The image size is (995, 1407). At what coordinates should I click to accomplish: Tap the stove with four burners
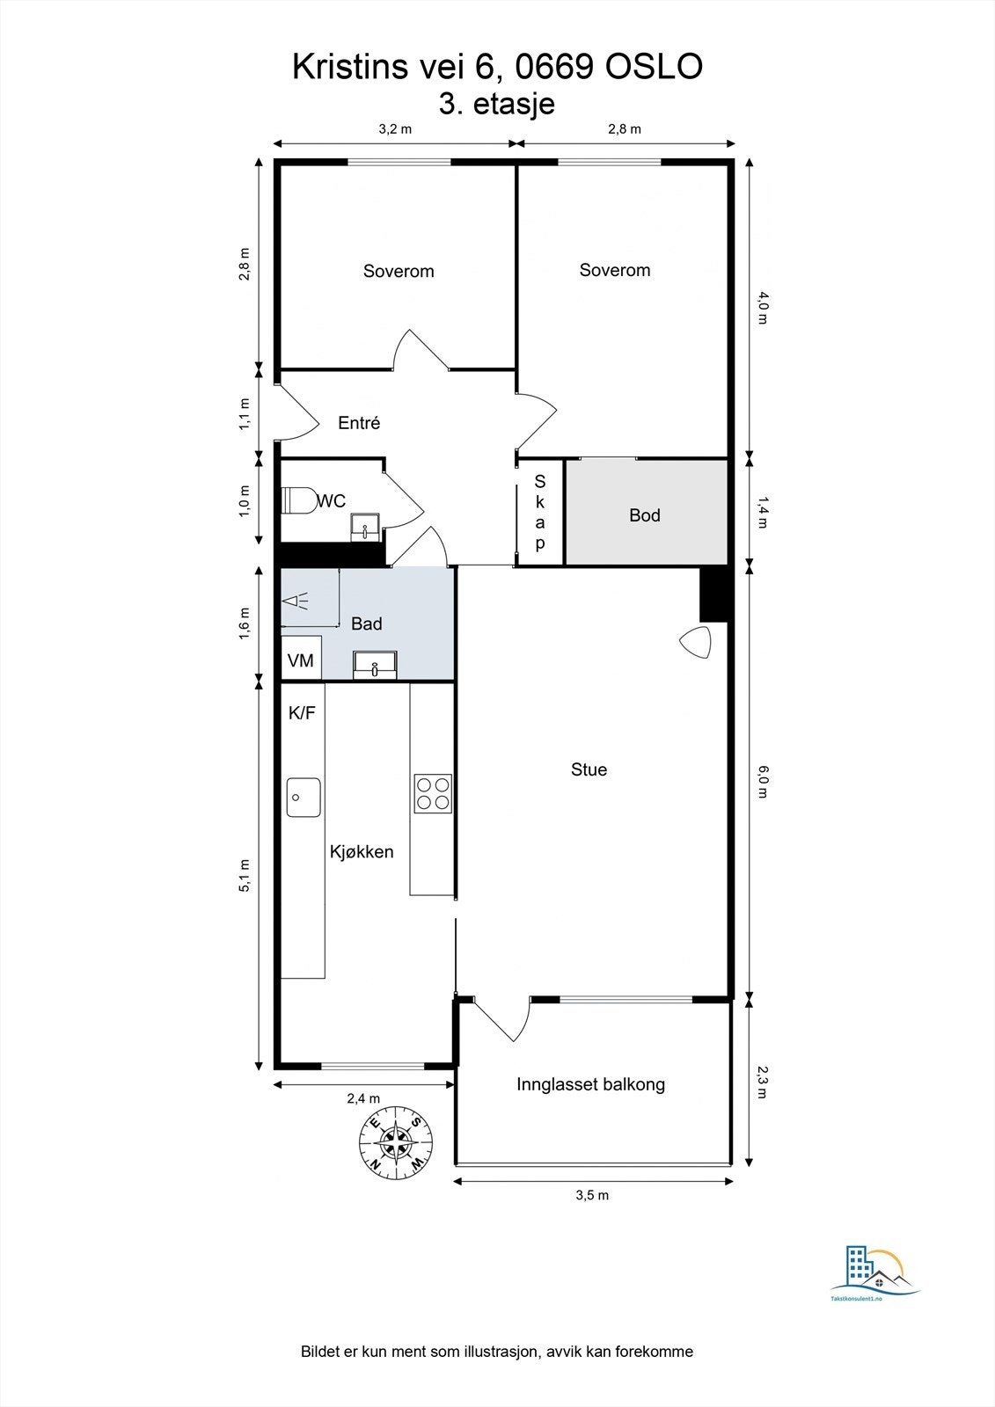[x=433, y=792]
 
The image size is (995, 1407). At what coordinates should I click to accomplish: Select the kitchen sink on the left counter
[x=304, y=797]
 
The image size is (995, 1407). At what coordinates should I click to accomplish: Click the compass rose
[x=397, y=1142]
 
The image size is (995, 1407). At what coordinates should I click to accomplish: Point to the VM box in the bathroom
[x=301, y=660]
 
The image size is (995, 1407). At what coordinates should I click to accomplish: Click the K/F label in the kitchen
[x=302, y=713]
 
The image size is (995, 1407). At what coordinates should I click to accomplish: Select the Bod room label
[x=644, y=515]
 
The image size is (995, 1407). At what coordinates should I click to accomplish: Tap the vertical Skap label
[x=540, y=512]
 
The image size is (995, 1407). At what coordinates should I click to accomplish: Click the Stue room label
[x=589, y=769]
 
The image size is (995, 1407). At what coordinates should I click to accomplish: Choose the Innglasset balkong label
[x=590, y=1084]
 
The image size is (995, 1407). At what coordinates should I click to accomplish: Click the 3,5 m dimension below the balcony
[x=592, y=1195]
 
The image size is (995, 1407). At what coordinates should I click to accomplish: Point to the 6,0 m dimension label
[x=763, y=781]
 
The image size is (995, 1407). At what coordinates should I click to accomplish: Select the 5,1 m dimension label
[x=245, y=875]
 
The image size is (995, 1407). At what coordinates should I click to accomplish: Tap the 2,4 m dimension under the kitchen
[x=363, y=1098]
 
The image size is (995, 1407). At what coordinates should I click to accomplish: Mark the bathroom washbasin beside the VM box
[x=375, y=664]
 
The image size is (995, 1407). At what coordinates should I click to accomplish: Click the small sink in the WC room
[x=364, y=528]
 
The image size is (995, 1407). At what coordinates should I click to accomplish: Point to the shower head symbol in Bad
[x=295, y=601]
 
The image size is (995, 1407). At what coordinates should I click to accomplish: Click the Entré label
[x=359, y=423]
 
